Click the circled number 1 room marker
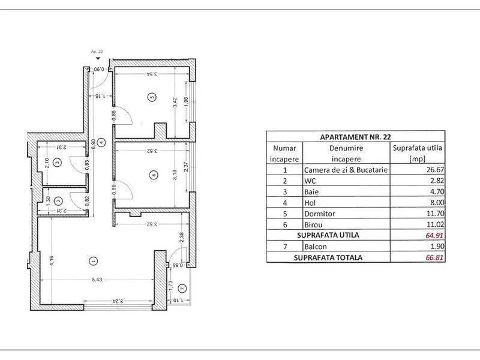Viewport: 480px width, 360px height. coord(93,261)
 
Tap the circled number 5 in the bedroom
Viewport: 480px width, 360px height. coord(152,97)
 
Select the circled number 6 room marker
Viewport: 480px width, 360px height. coord(154,175)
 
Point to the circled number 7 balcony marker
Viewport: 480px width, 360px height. coord(182,289)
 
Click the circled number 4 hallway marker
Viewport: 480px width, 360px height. coord(101,142)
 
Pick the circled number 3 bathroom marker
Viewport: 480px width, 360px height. coord(57,162)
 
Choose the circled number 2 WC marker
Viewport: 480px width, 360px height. coord(58,201)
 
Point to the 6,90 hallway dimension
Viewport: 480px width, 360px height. coord(93,144)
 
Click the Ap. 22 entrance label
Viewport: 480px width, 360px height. coord(97,52)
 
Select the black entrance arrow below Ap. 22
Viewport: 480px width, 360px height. coord(98,58)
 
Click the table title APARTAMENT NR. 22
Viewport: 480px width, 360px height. coord(355,137)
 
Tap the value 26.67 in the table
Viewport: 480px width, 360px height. coord(435,170)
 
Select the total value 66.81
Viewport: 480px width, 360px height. coord(434,257)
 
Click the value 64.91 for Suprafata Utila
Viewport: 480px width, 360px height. coord(434,235)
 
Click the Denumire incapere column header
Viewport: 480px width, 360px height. coord(346,154)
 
